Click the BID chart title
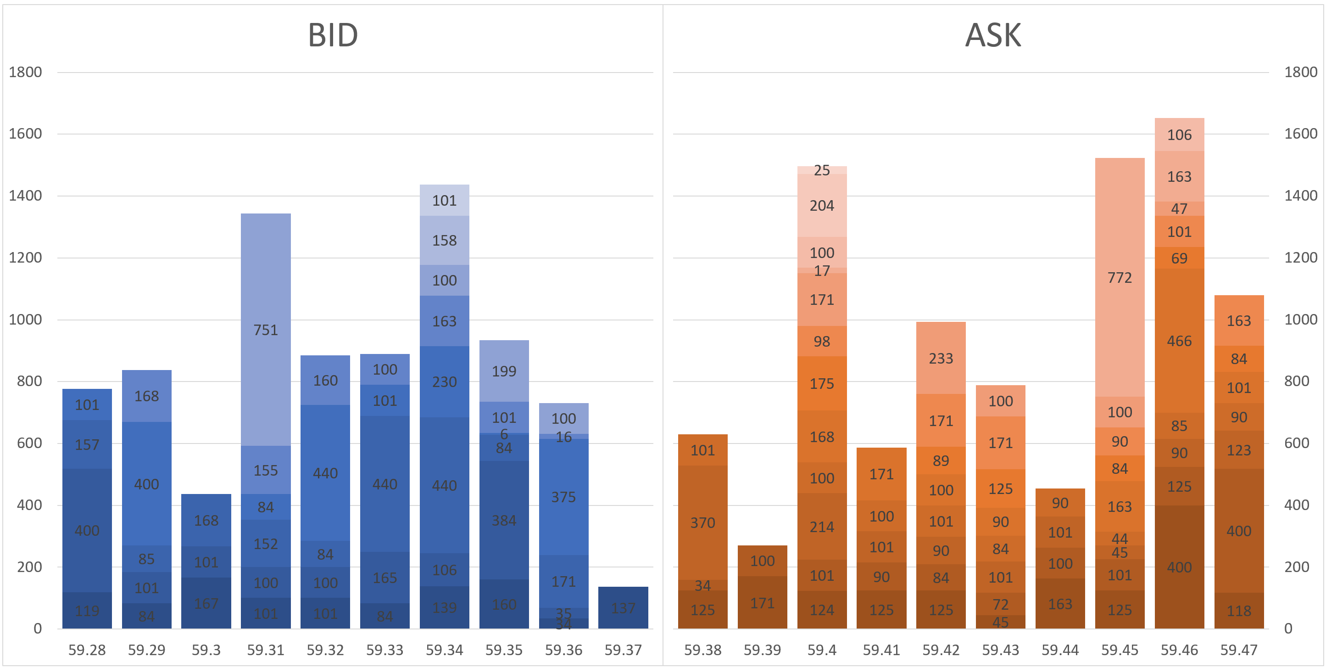pyautogui.click(x=333, y=35)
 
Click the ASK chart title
pyautogui.click(x=992, y=35)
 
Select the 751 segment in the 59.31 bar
pyautogui.click(x=266, y=330)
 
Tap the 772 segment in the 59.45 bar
pyautogui.click(x=1120, y=278)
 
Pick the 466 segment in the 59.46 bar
pyautogui.click(x=1179, y=341)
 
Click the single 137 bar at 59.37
pyautogui.click(x=623, y=608)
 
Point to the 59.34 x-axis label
pyautogui.click(x=444, y=650)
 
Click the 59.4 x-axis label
pyautogui.click(x=822, y=650)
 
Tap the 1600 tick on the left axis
pyautogui.click(x=25, y=134)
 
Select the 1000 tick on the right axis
pyautogui.click(x=1300, y=320)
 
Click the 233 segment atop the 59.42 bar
pyautogui.click(x=941, y=358)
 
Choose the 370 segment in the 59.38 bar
pyautogui.click(x=702, y=522)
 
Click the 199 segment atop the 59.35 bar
pyautogui.click(x=503, y=371)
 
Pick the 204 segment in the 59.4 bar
pyautogui.click(x=822, y=206)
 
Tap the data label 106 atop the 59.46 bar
pyautogui.click(x=1179, y=135)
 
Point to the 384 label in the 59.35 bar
pyautogui.click(x=503, y=520)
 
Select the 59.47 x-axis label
pyautogui.click(x=1238, y=650)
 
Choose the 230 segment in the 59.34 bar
pyautogui.click(x=444, y=382)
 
